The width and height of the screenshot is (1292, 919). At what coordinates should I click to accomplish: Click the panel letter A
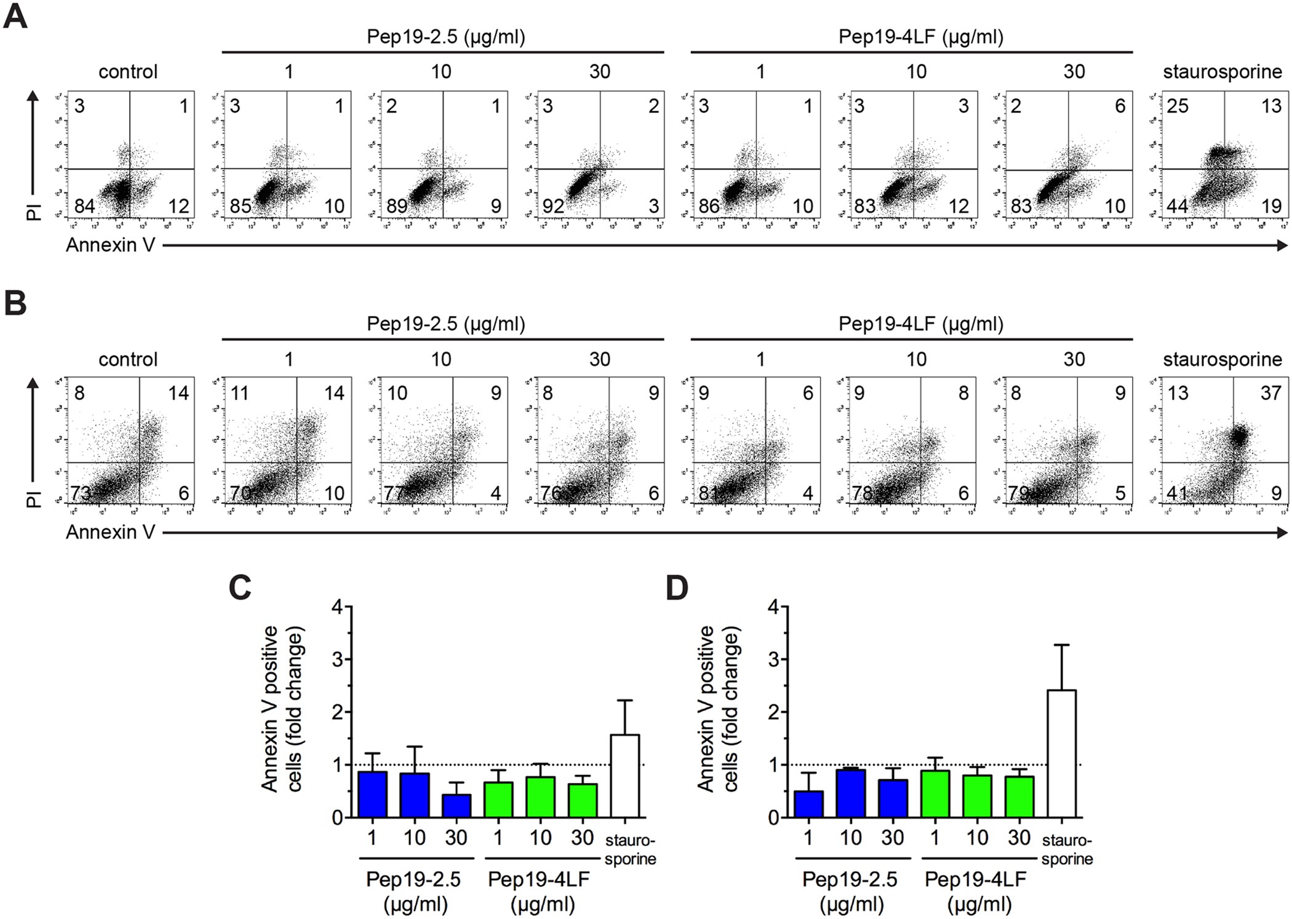(x=15, y=17)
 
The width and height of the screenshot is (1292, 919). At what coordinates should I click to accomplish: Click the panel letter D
(x=677, y=589)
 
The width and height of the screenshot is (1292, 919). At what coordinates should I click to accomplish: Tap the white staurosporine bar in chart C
(x=624, y=775)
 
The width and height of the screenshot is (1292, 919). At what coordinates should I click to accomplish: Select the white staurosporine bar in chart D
(x=1061, y=754)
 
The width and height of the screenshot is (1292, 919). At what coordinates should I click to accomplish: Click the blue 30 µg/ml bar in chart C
(x=457, y=805)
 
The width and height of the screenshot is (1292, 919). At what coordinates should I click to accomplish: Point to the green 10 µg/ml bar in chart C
(x=541, y=797)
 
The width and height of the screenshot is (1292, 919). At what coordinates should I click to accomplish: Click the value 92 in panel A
(x=554, y=205)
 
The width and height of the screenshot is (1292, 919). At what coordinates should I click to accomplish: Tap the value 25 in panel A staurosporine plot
(x=1178, y=106)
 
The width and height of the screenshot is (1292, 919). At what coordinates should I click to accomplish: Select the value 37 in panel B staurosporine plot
(x=1270, y=392)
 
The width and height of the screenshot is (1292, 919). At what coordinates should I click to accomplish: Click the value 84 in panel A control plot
(x=84, y=205)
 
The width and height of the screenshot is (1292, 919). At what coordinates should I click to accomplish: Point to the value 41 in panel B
(x=1177, y=493)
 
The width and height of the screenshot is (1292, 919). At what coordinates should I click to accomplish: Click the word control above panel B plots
(x=128, y=359)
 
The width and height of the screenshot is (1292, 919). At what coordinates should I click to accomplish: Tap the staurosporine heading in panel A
(x=1222, y=71)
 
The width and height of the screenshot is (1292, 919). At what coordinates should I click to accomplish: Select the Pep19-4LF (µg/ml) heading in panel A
(x=920, y=37)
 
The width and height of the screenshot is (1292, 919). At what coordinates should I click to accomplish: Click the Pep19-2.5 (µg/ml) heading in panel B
(x=445, y=324)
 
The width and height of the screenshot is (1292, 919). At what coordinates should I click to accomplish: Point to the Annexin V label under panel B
(x=111, y=532)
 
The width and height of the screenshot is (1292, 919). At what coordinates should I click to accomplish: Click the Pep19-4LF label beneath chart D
(x=975, y=880)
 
